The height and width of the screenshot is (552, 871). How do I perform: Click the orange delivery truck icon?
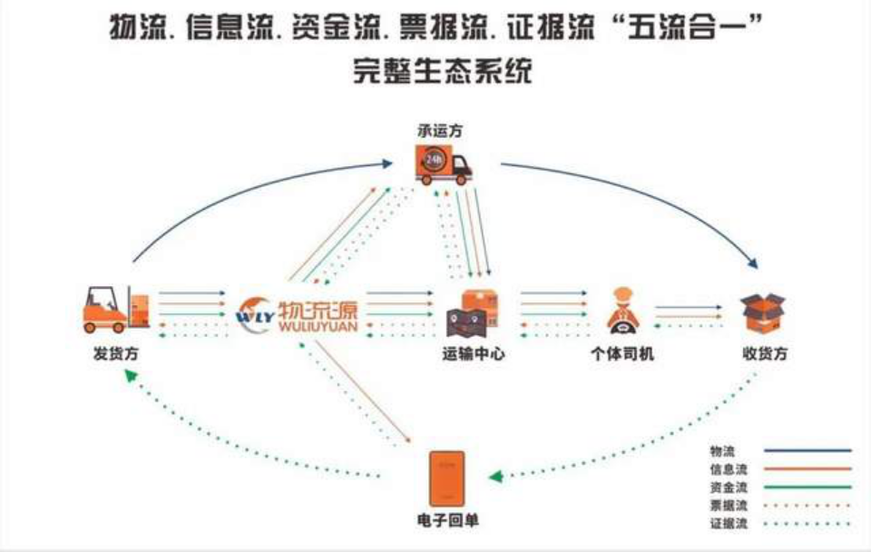[445, 166]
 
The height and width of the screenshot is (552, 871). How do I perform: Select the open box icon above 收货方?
[762, 311]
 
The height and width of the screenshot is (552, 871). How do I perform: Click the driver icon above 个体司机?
[623, 310]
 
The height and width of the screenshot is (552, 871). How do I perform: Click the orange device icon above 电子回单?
[446, 479]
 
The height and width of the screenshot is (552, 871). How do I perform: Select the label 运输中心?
[473, 354]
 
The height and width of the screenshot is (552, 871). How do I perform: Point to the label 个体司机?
[621, 354]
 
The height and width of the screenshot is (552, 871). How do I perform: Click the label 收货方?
[764, 354]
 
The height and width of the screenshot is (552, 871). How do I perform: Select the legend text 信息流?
[729, 468]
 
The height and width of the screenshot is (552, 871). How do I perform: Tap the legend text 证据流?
[729, 523]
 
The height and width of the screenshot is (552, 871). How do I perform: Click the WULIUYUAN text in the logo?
[318, 324]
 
